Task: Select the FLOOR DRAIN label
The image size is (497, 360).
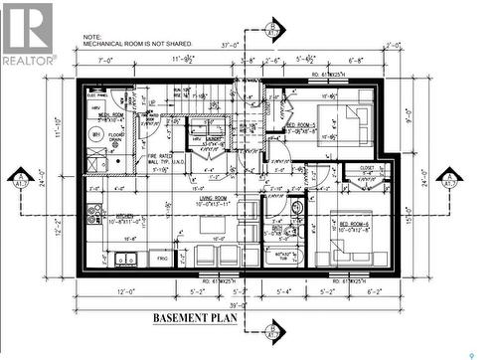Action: tap(116, 135)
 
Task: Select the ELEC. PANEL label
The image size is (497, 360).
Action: tap(97, 95)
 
